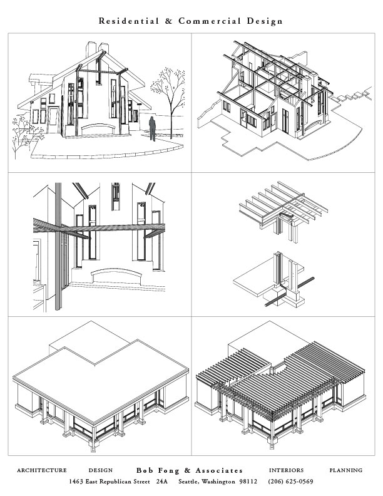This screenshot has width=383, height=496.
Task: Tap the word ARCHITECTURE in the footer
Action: (x=42, y=470)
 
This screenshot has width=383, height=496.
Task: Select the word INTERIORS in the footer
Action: (x=286, y=470)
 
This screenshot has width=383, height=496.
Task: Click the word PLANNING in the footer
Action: (x=345, y=470)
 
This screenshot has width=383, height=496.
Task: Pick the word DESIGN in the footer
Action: (x=100, y=470)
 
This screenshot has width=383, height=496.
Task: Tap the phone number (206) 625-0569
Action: (x=290, y=482)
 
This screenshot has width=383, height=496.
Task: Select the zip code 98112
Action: (x=246, y=482)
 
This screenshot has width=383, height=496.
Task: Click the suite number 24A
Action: (x=162, y=482)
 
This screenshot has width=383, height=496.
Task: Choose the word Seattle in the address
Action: (x=190, y=482)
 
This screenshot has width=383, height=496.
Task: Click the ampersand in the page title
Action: (x=168, y=21)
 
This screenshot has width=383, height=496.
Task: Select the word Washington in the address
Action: (x=218, y=482)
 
